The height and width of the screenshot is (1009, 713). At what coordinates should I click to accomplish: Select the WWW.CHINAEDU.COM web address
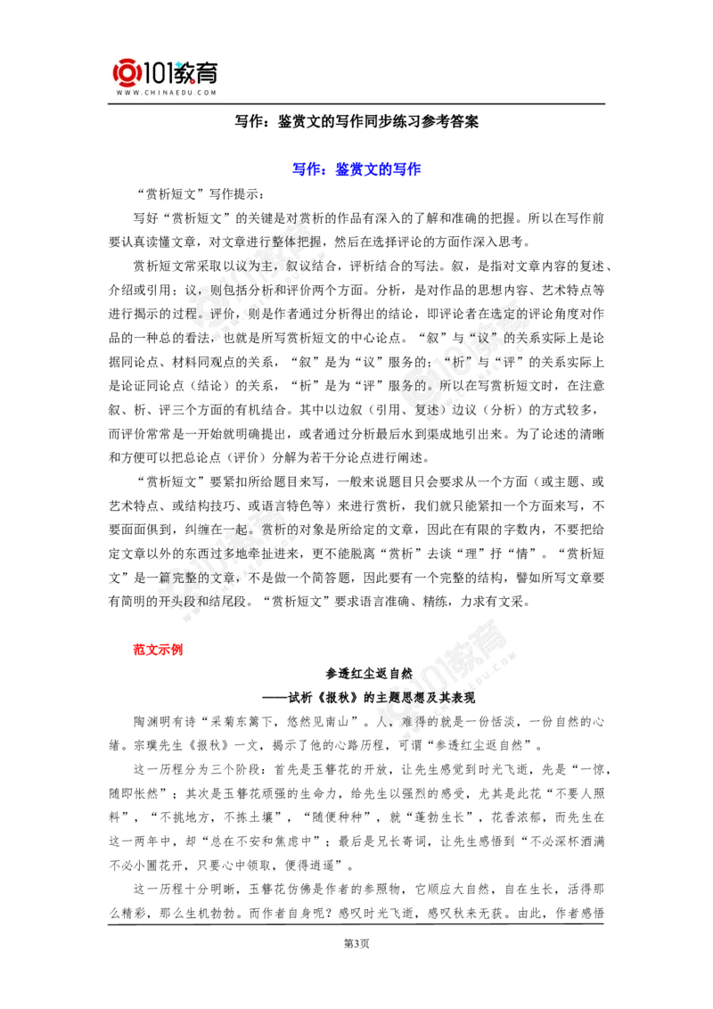[167, 93]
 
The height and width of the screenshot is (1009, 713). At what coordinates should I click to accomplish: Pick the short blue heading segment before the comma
[307, 168]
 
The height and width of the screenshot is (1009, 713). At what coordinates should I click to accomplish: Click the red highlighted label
[158, 649]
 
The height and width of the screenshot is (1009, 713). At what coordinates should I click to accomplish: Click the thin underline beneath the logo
[168, 105]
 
